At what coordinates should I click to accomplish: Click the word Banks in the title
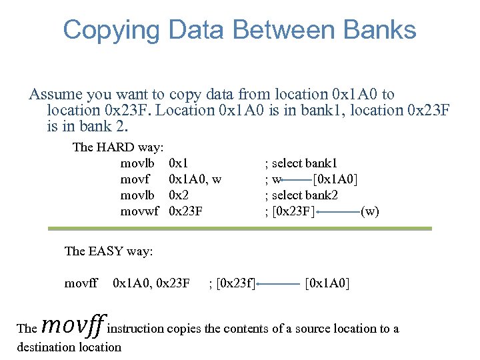pyautogui.click(x=377, y=30)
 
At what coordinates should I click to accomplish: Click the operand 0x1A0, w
pyautogui.click(x=195, y=179)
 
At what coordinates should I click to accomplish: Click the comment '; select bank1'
pyautogui.click(x=301, y=163)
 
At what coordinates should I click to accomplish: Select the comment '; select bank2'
pyautogui.click(x=301, y=195)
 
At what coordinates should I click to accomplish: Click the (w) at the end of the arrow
pyautogui.click(x=369, y=212)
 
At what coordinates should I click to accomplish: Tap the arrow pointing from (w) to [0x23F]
pyautogui.click(x=337, y=212)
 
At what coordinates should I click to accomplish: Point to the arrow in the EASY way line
pyautogui.click(x=279, y=284)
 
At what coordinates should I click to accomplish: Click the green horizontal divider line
pyautogui.click(x=239, y=229)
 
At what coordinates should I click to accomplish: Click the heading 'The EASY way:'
pyautogui.click(x=109, y=251)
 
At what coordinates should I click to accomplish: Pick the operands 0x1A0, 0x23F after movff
pyautogui.click(x=152, y=284)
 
